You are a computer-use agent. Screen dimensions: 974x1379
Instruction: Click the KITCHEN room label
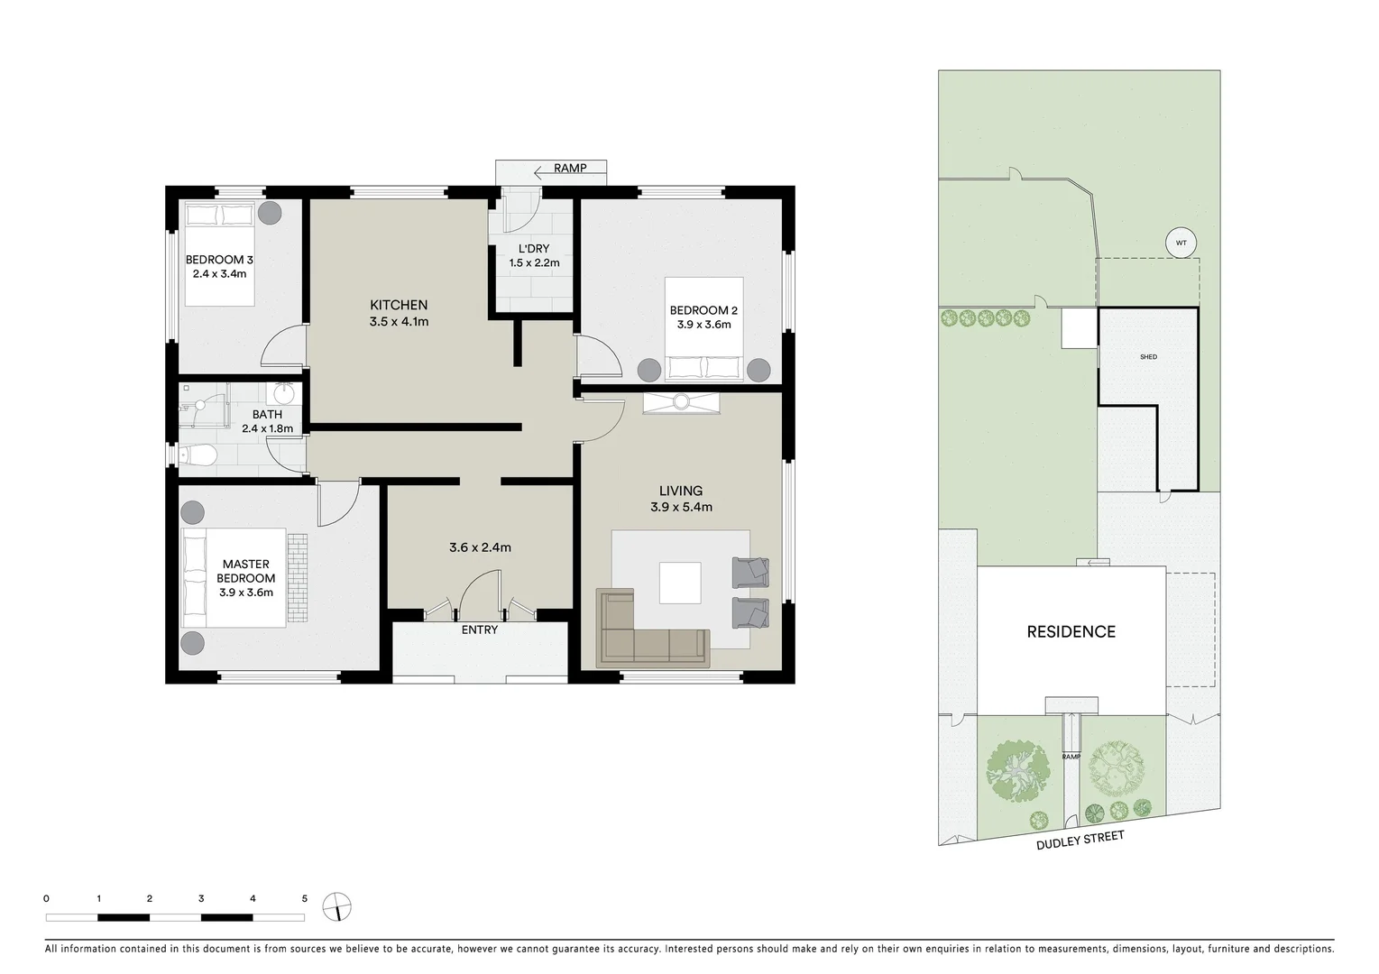tap(399, 305)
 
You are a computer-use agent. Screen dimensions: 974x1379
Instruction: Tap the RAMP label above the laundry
tap(569, 169)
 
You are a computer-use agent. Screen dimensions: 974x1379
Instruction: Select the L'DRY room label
tap(534, 249)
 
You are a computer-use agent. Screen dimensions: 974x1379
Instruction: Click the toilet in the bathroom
tap(198, 455)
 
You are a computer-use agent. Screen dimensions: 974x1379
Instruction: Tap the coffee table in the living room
tap(680, 583)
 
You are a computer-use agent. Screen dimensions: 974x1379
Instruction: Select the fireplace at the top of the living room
tap(681, 402)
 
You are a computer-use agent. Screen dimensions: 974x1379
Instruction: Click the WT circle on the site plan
tap(1181, 243)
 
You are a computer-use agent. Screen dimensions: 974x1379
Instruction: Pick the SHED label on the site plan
tap(1148, 357)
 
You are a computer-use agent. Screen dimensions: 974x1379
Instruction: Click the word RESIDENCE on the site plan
tap(1071, 632)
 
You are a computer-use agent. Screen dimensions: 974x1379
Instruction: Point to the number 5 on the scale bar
tap(305, 899)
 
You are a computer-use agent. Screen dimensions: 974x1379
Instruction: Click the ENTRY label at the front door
tap(479, 629)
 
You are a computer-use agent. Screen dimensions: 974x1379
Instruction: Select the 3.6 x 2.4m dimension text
tap(480, 547)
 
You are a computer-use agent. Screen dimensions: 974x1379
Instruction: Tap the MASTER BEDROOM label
tap(245, 571)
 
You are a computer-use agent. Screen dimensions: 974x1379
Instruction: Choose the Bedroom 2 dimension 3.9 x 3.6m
tap(703, 325)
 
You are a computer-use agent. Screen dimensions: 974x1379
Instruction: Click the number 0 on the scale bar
tap(46, 899)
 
